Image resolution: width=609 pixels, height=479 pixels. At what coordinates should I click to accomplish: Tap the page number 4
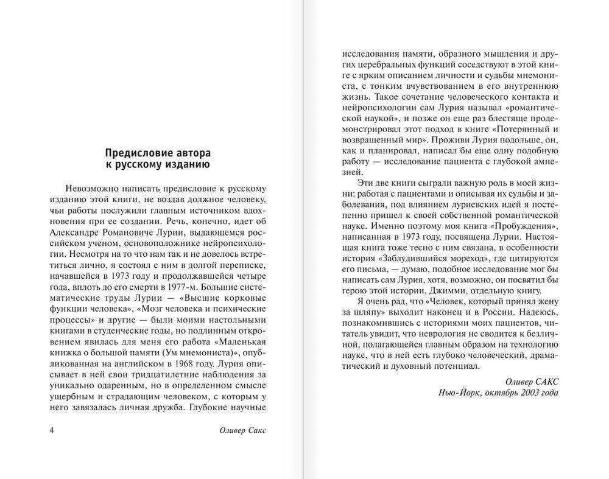pos(52,430)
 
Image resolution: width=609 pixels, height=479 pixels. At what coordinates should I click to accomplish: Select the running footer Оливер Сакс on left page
pos(242,430)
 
